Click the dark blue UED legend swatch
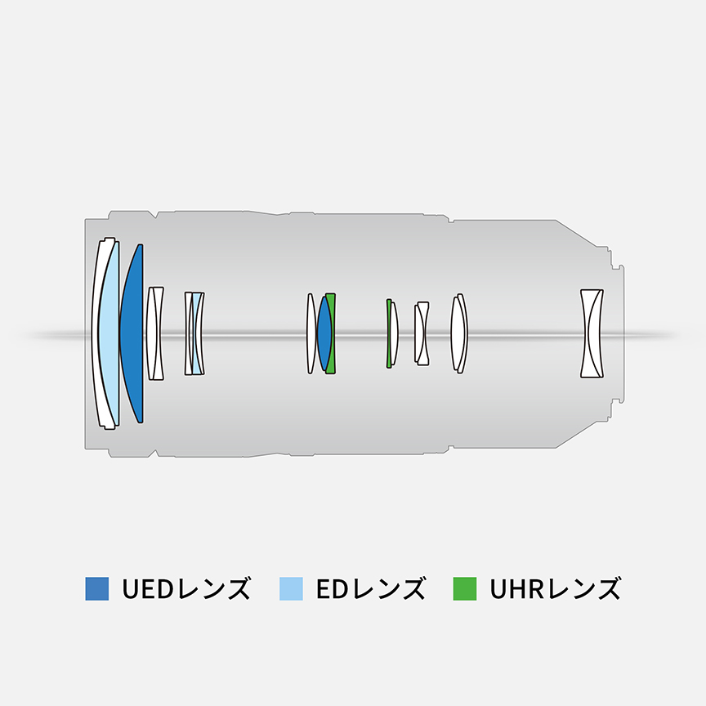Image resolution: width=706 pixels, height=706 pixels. click(96, 588)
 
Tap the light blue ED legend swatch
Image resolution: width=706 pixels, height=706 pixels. click(291, 588)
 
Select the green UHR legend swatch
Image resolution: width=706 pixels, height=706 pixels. click(465, 588)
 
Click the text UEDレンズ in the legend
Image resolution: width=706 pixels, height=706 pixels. click(186, 588)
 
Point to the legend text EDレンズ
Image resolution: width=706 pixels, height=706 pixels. click(370, 588)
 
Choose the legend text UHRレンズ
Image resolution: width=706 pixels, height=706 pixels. click(555, 588)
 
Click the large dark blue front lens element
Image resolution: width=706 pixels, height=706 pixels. click(133, 333)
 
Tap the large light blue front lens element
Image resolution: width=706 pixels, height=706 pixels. click(109, 333)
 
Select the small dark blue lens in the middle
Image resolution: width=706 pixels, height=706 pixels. click(325, 333)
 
